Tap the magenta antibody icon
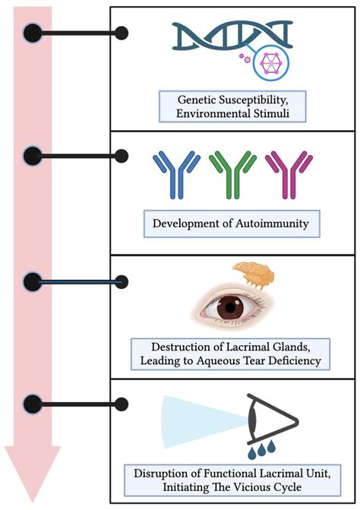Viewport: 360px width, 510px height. (x=283, y=175)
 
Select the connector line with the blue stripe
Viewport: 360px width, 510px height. (x=76, y=282)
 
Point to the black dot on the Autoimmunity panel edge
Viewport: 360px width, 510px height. (x=119, y=157)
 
